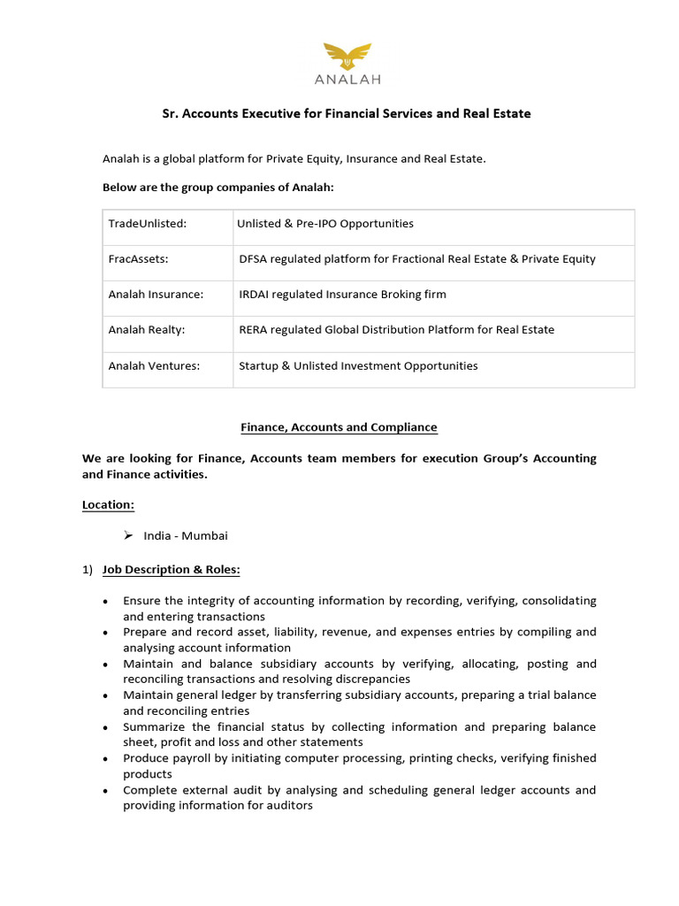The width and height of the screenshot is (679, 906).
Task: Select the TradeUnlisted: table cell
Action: click(x=148, y=224)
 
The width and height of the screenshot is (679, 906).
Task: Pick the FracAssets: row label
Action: click(x=139, y=259)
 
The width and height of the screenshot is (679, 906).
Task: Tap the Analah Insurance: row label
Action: click(x=156, y=295)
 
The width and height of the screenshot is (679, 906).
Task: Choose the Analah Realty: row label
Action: click(x=148, y=330)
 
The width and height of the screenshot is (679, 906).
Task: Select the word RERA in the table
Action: click(x=255, y=330)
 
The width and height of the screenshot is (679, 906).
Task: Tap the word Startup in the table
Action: click(x=260, y=365)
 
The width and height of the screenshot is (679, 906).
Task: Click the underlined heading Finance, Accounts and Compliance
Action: click(x=339, y=427)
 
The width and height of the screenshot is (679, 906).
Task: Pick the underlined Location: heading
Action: click(x=108, y=504)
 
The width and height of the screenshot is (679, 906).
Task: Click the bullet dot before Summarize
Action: click(x=106, y=728)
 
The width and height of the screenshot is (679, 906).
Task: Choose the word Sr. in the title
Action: click(x=170, y=114)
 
